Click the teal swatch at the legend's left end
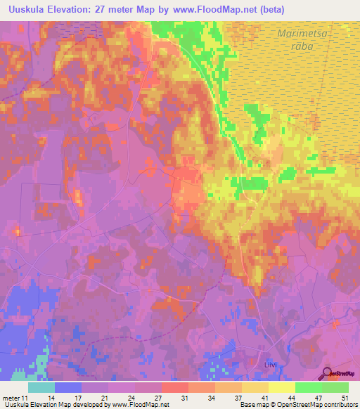click(41, 387)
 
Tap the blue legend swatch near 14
click(67, 387)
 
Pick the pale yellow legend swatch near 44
click(281, 387)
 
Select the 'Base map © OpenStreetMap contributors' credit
click(297, 405)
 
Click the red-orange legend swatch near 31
click(174, 387)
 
